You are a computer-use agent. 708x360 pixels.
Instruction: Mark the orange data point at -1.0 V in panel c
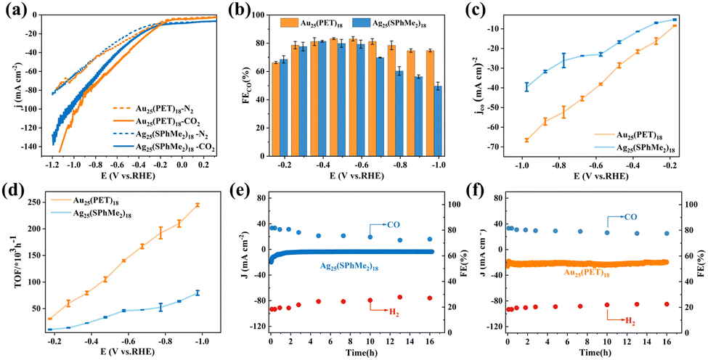(x=526, y=140)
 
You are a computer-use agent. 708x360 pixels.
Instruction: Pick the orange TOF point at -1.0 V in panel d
(x=197, y=205)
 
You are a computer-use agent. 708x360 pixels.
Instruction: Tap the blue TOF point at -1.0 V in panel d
(x=197, y=292)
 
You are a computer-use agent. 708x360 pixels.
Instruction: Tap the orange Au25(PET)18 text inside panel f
(x=585, y=273)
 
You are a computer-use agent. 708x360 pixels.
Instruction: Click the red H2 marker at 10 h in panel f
(x=607, y=305)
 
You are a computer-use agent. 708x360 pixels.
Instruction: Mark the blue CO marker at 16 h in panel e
(x=429, y=239)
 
